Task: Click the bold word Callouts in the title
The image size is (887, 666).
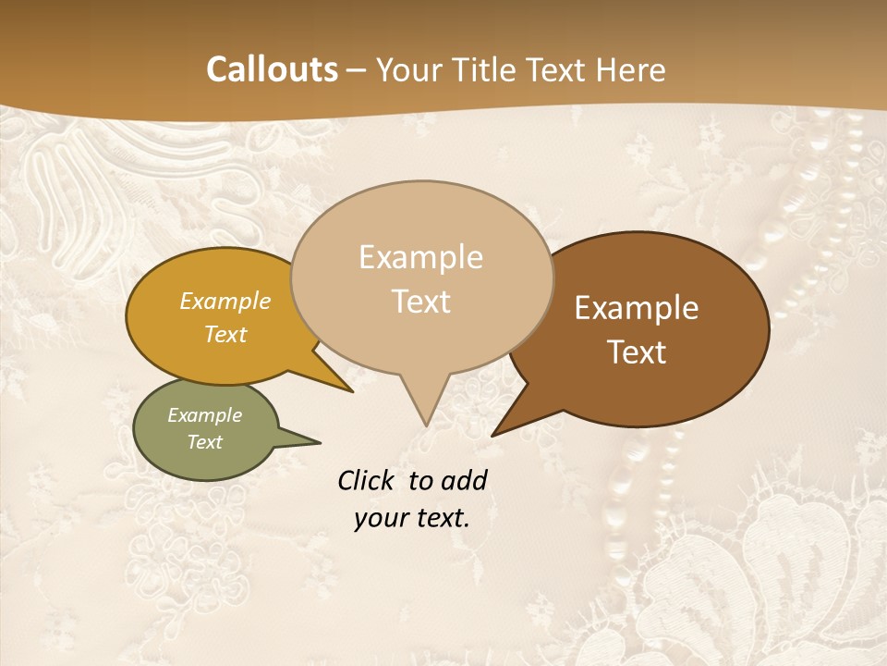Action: click(x=272, y=70)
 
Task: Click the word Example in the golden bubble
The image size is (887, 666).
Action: click(x=225, y=301)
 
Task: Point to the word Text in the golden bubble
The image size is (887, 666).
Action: click(x=225, y=334)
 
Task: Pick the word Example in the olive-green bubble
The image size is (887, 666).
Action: click(x=205, y=415)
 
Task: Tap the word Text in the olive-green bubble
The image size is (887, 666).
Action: click(x=205, y=442)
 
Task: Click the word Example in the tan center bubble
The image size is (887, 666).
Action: click(x=420, y=257)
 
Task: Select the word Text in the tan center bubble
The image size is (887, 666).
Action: click(x=420, y=302)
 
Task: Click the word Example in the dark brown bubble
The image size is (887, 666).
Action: click(x=637, y=308)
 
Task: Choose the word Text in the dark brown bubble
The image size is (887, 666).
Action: click(x=637, y=352)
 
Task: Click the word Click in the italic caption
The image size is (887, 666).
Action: click(x=368, y=480)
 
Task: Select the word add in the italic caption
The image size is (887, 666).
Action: click(x=466, y=480)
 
